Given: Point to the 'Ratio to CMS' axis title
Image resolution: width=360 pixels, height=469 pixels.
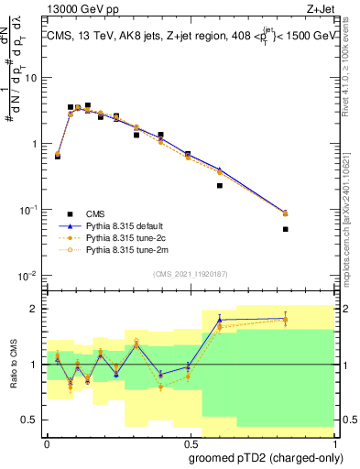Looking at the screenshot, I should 13,365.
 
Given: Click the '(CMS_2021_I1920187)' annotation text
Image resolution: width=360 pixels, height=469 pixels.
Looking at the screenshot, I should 190,273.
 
